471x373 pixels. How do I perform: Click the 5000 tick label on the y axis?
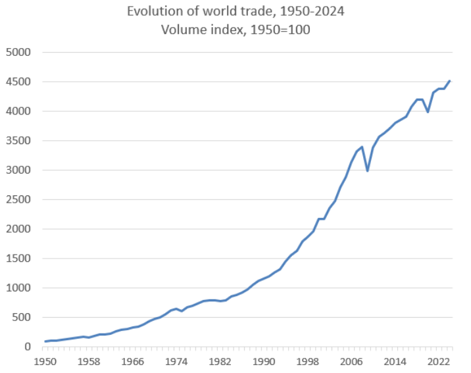pyautogui.click(x=18, y=53)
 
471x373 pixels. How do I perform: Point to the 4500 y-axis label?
pyautogui.click(x=18, y=82)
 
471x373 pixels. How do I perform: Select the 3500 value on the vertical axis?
pyautogui.click(x=18, y=141)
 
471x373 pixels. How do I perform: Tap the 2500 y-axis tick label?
pyautogui.click(x=18, y=200)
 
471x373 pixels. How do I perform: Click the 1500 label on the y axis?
pyautogui.click(x=18, y=259)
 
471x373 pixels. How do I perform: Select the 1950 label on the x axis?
pyautogui.click(x=45, y=361)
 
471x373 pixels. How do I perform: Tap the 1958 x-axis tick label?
pyautogui.click(x=89, y=361)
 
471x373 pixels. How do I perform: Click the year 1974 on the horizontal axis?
pyautogui.click(x=176, y=361)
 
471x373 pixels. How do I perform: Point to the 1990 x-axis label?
pyautogui.click(x=264, y=361)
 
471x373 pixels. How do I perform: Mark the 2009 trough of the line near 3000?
pyautogui.click(x=368, y=170)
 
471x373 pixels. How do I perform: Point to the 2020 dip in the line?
pyautogui.click(x=428, y=112)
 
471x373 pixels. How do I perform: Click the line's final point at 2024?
pyautogui.click(x=449, y=81)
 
